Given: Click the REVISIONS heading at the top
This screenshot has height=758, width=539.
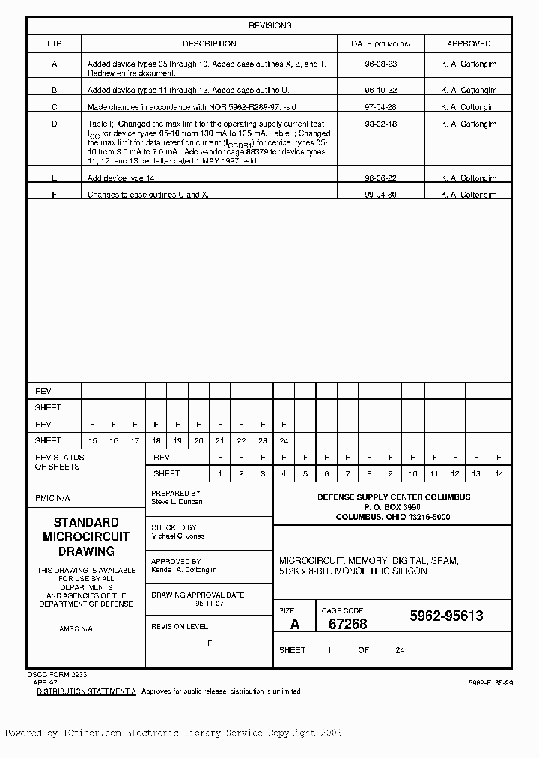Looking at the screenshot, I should (x=269, y=25).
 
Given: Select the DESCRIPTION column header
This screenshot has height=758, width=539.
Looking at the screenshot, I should (x=210, y=44).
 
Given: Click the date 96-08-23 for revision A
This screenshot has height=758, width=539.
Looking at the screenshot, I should (x=380, y=64).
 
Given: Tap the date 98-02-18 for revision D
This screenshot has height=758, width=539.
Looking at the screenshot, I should (x=380, y=124).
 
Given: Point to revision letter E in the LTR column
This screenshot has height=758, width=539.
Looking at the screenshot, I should (x=54, y=178).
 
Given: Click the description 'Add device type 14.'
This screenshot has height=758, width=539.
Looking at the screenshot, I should (x=120, y=178).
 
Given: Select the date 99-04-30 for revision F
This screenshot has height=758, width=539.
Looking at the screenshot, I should (x=380, y=195).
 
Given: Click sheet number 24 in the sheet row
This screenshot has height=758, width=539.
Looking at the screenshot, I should (x=284, y=441).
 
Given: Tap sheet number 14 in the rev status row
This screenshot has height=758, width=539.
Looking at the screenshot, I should (x=499, y=474).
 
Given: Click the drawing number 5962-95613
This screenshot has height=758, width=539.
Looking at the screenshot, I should (x=446, y=616).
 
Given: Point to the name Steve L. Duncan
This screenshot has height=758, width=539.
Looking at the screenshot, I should (x=177, y=502).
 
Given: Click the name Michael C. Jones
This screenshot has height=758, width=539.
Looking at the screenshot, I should (x=177, y=536).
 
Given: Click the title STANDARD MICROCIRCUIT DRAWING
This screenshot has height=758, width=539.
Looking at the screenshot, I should (x=86, y=536).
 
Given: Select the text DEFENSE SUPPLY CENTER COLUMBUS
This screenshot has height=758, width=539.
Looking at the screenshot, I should (x=393, y=497).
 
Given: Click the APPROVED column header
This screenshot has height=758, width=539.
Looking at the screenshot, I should (x=469, y=44).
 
